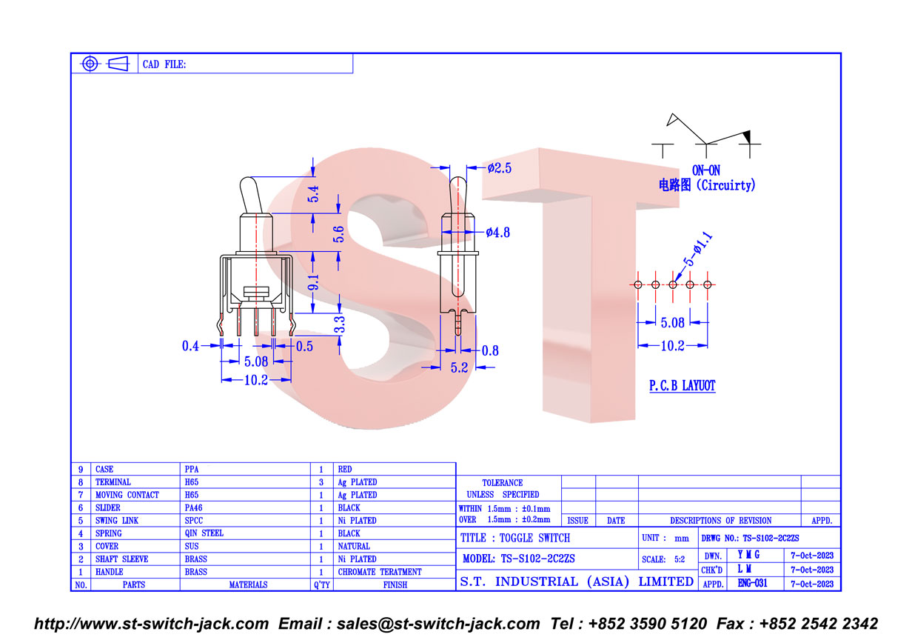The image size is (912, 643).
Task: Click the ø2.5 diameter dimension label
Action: point(499,168)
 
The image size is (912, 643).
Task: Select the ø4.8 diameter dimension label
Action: point(497,233)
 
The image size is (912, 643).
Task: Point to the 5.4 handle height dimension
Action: point(313,194)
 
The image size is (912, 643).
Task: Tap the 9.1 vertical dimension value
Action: point(313,282)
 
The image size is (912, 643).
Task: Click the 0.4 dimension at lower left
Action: point(190,346)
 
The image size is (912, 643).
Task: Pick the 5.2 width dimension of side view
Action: point(459,368)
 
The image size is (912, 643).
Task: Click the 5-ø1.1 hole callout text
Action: point(697,249)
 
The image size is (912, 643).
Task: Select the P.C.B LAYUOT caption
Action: point(682,385)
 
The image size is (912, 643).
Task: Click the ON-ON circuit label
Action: point(706,170)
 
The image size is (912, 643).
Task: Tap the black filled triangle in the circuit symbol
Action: point(747,136)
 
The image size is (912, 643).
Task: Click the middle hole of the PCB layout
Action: point(673,284)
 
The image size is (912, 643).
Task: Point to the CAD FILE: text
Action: point(164,64)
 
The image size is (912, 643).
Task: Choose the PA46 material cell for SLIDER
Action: point(193,507)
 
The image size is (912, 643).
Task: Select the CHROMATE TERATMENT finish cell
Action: point(380,572)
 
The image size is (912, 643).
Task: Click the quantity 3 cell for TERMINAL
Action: point(321,482)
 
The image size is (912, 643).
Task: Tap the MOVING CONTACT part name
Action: point(127,495)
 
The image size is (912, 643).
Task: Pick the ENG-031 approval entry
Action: point(752,584)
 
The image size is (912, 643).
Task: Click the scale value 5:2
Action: point(680,559)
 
